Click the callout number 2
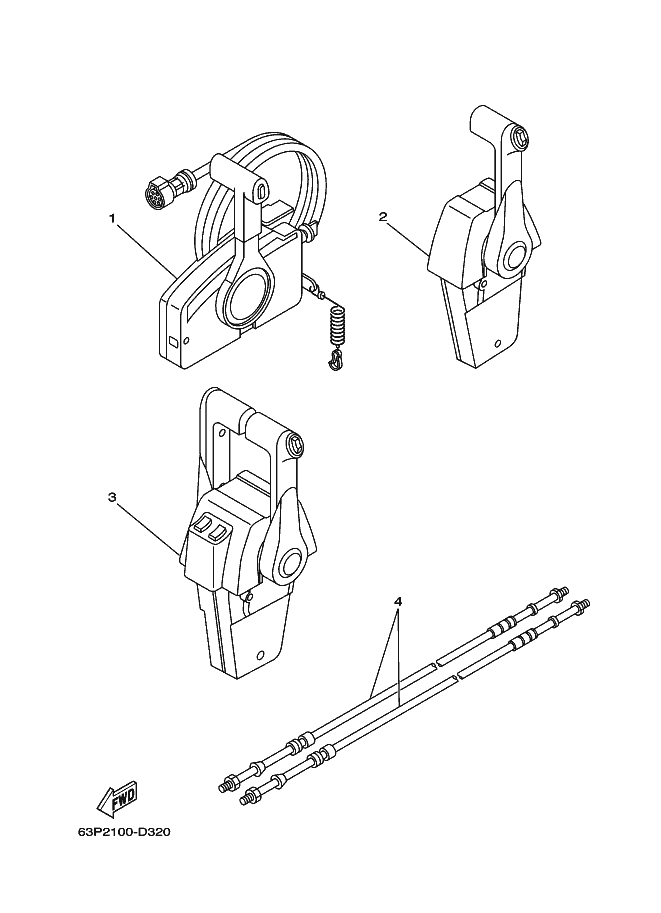click(383, 217)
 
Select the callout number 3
click(112, 497)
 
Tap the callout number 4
click(398, 600)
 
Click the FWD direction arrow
click(116, 798)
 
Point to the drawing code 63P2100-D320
click(124, 832)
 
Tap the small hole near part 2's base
click(497, 342)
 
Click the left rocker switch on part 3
click(202, 526)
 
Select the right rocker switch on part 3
click(218, 532)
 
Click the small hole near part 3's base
click(260, 653)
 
